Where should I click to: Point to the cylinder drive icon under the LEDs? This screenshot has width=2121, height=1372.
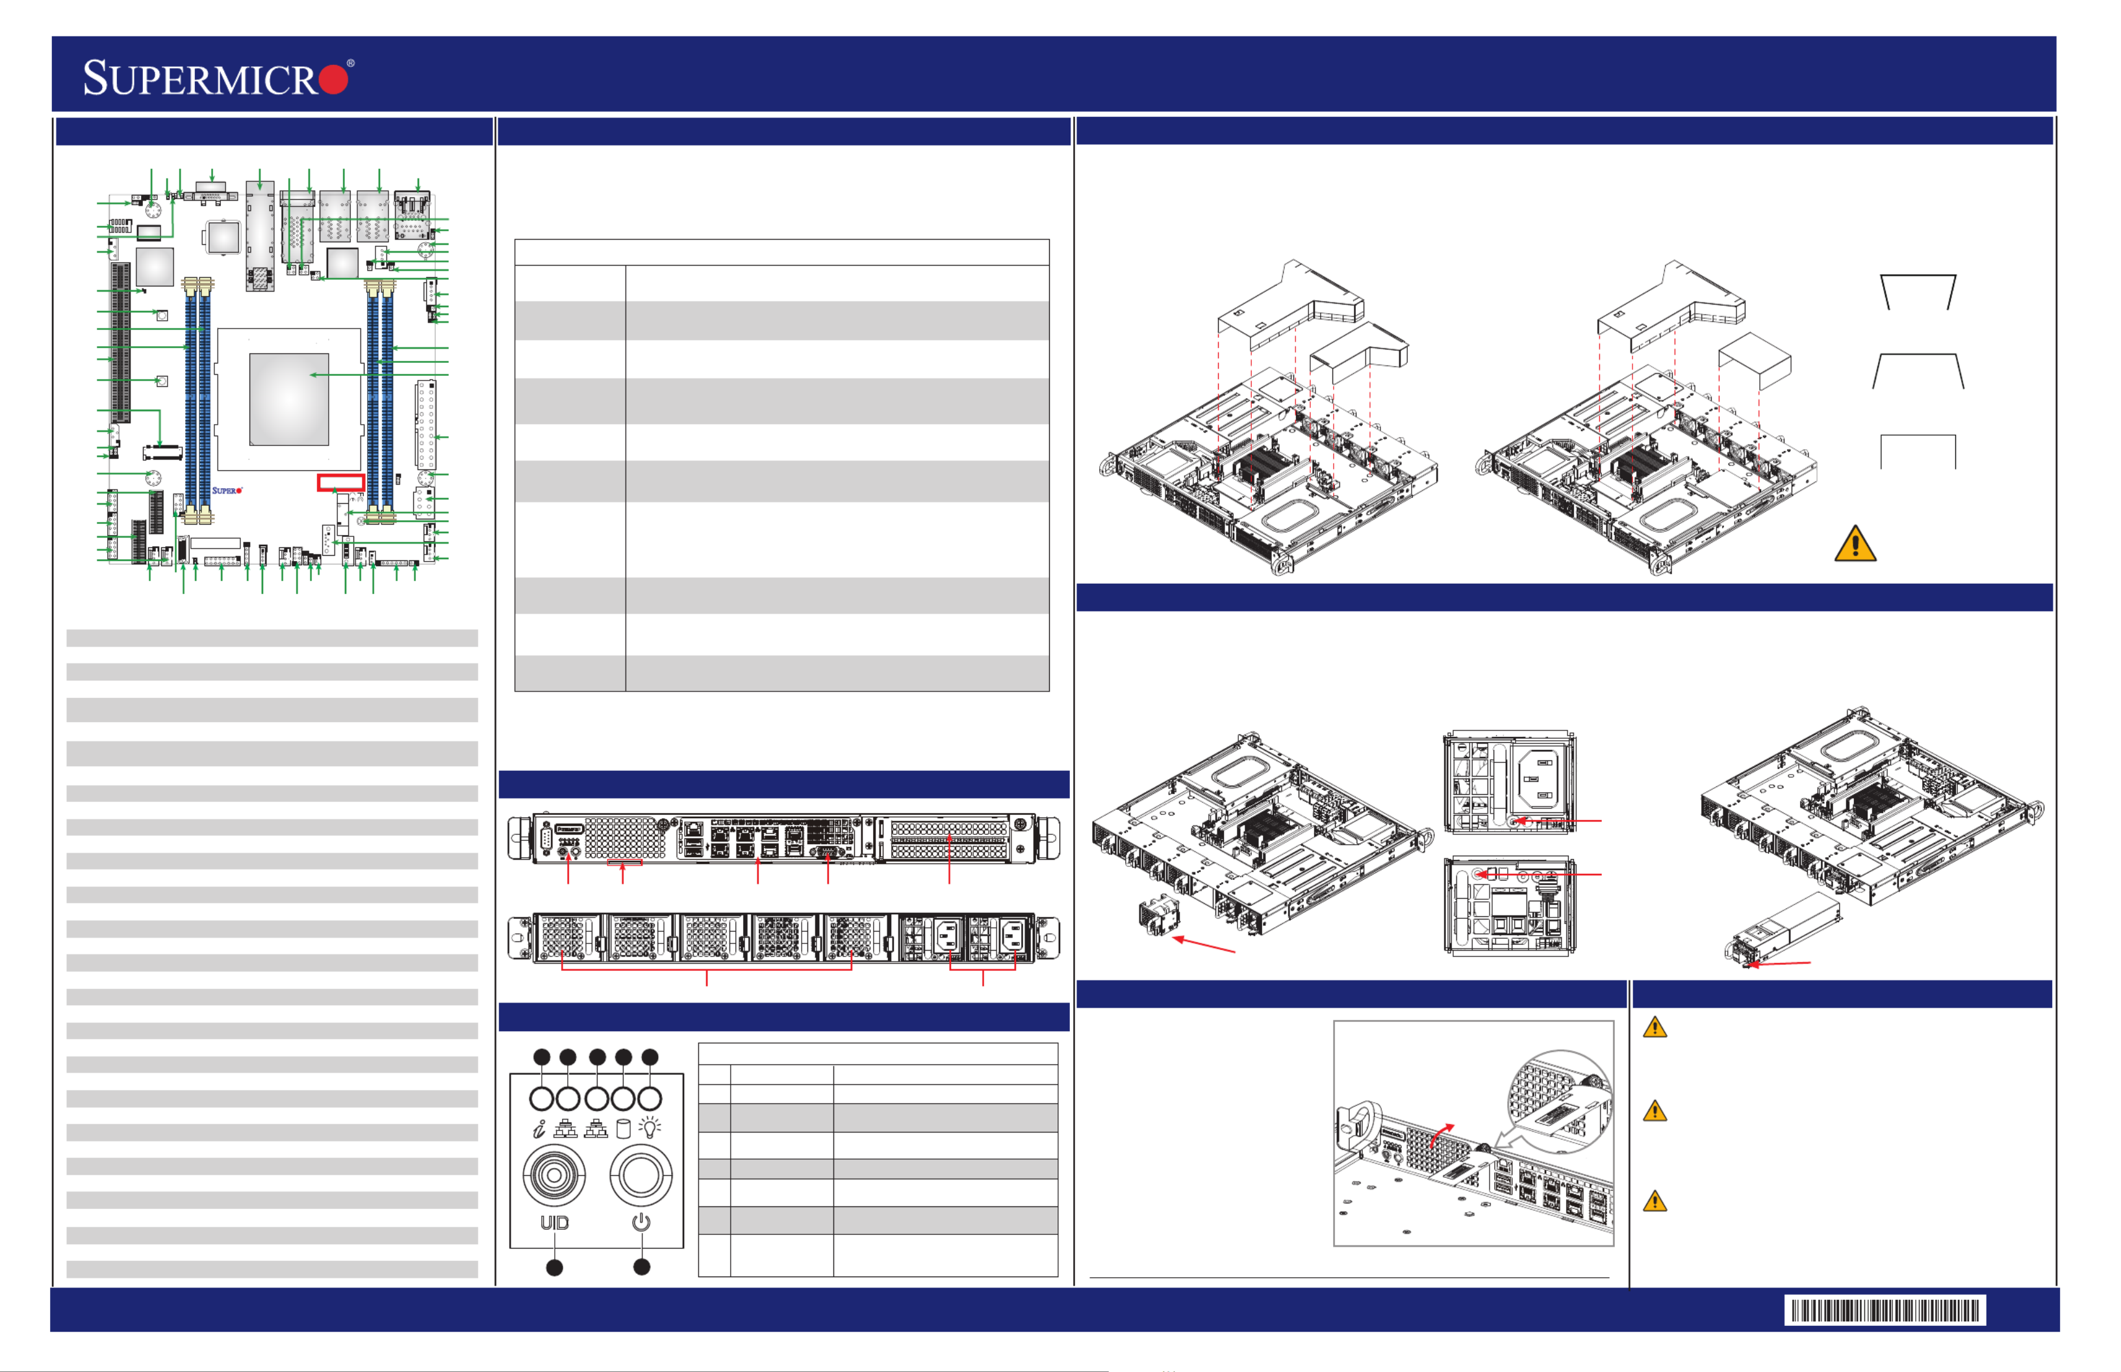coord(623,1129)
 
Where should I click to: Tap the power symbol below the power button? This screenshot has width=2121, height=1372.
coord(641,1222)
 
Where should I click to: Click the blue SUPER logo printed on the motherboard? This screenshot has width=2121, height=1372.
coord(226,491)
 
